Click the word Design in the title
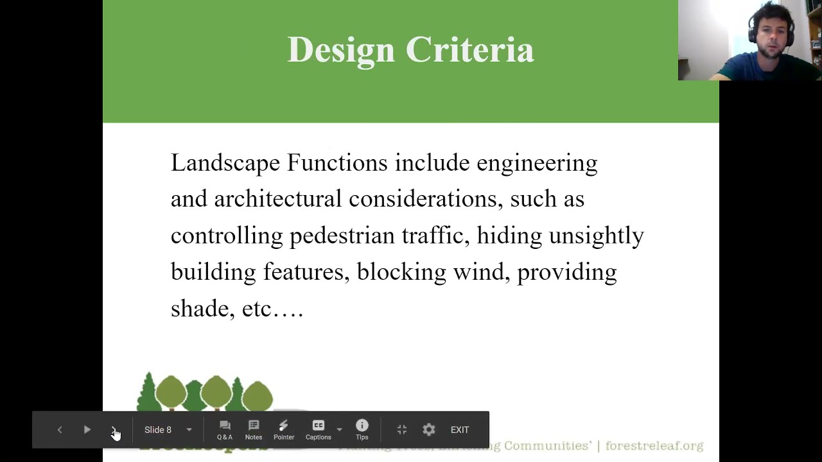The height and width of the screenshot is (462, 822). (x=340, y=50)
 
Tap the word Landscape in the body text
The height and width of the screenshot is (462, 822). (x=225, y=163)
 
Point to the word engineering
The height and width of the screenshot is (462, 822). (x=537, y=163)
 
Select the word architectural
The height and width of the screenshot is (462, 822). (x=277, y=199)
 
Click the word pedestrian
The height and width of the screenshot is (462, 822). (x=342, y=235)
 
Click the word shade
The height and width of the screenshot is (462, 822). (x=199, y=309)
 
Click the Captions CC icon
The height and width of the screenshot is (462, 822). (x=319, y=425)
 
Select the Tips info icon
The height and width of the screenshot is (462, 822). (x=362, y=425)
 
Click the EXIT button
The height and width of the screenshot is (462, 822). (x=460, y=430)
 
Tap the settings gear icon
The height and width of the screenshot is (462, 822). (x=429, y=430)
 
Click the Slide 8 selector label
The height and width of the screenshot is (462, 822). (x=158, y=430)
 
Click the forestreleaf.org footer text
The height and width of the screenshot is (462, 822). (x=654, y=445)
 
